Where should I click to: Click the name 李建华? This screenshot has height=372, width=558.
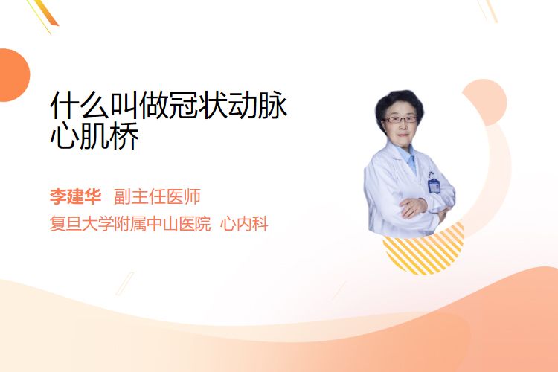(x=75, y=196)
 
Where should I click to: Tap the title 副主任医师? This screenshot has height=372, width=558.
(x=157, y=196)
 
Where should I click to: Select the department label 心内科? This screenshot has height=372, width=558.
(x=244, y=224)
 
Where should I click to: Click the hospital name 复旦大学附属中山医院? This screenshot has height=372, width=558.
(x=130, y=224)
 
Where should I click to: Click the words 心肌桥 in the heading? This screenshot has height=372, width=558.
(x=94, y=136)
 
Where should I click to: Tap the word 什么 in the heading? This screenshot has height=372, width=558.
(x=80, y=105)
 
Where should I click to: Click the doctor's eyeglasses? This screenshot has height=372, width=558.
(x=400, y=120)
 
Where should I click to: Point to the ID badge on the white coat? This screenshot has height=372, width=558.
(x=434, y=185)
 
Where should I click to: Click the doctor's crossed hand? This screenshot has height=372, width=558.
(x=413, y=208)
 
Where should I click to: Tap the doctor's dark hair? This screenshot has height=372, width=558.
(x=399, y=103)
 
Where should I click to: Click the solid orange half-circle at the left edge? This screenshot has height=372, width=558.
(x=13, y=75)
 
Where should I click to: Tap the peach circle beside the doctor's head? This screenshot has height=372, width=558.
(x=487, y=101)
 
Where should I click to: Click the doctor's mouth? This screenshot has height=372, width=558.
(x=402, y=135)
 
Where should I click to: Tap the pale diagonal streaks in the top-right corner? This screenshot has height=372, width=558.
(x=489, y=10)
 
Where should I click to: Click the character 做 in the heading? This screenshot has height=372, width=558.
(x=154, y=105)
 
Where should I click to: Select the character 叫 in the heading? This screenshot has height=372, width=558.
(x=124, y=105)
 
